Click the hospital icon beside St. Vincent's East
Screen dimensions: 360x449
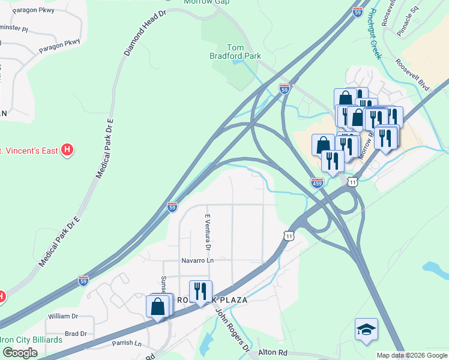[x=68, y=149]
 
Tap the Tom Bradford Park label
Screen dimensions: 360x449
[x=244, y=52]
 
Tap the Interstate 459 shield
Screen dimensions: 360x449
[x=318, y=182]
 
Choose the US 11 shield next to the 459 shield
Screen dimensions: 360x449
[x=353, y=181]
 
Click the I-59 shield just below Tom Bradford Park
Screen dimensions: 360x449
[x=285, y=89]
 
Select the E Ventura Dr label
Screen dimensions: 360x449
[x=208, y=232]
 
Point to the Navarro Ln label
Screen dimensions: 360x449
[x=198, y=261]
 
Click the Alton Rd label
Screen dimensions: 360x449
[x=273, y=353]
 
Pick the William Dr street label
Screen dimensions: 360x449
[x=64, y=316]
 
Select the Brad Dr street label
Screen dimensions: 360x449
[x=75, y=334]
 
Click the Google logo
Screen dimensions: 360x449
[x=20, y=353]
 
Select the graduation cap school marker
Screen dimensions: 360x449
[x=366, y=330]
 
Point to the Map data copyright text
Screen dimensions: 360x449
[x=412, y=355]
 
